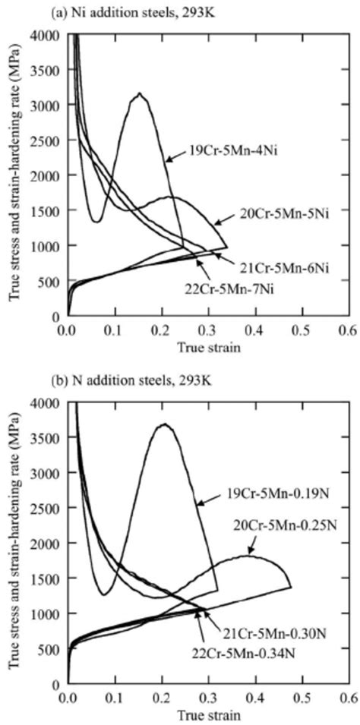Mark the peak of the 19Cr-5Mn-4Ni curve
click(x=139, y=93)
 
